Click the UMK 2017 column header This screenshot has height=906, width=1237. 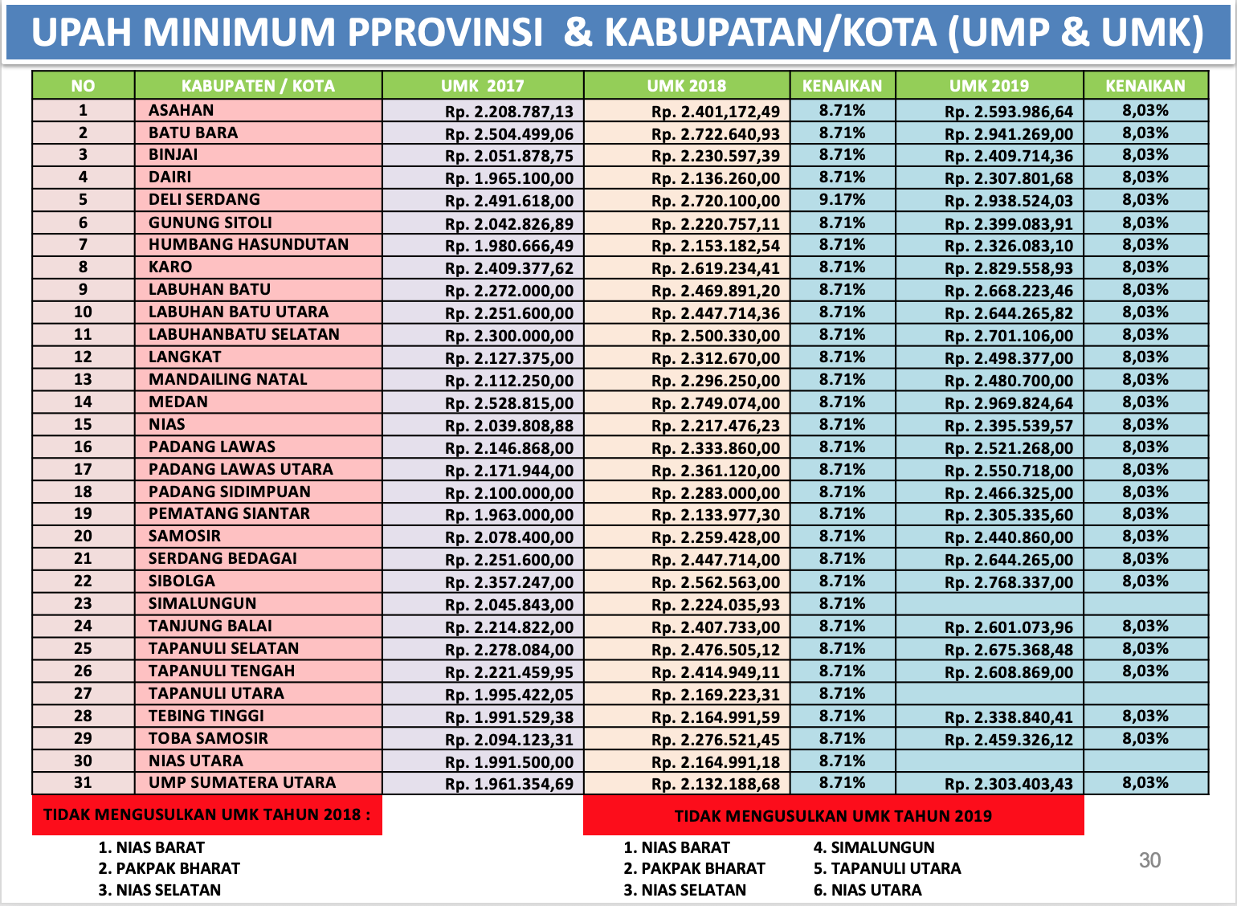(482, 86)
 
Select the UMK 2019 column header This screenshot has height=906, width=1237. (989, 86)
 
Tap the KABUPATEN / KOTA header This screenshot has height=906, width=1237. (258, 86)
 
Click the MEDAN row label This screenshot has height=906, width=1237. (178, 402)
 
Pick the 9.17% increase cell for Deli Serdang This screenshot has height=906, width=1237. (843, 199)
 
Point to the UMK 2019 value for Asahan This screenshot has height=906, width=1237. (1008, 112)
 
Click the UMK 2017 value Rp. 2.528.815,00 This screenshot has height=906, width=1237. (509, 403)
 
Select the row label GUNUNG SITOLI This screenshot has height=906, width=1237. (210, 222)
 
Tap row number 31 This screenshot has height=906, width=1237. (83, 782)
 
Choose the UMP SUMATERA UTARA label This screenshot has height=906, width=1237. (242, 782)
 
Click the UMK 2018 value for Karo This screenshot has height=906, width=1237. (715, 268)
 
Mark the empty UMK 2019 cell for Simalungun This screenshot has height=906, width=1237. (989, 604)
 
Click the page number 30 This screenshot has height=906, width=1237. (1149, 860)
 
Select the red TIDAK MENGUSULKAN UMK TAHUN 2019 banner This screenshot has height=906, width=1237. (833, 816)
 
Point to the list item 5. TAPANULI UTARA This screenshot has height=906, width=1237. (887, 868)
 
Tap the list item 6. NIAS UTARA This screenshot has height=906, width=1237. (868, 890)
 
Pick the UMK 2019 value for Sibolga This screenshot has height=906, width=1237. (1008, 582)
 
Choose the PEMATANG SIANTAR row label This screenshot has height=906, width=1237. (229, 513)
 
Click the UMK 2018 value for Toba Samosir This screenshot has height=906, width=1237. (715, 740)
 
